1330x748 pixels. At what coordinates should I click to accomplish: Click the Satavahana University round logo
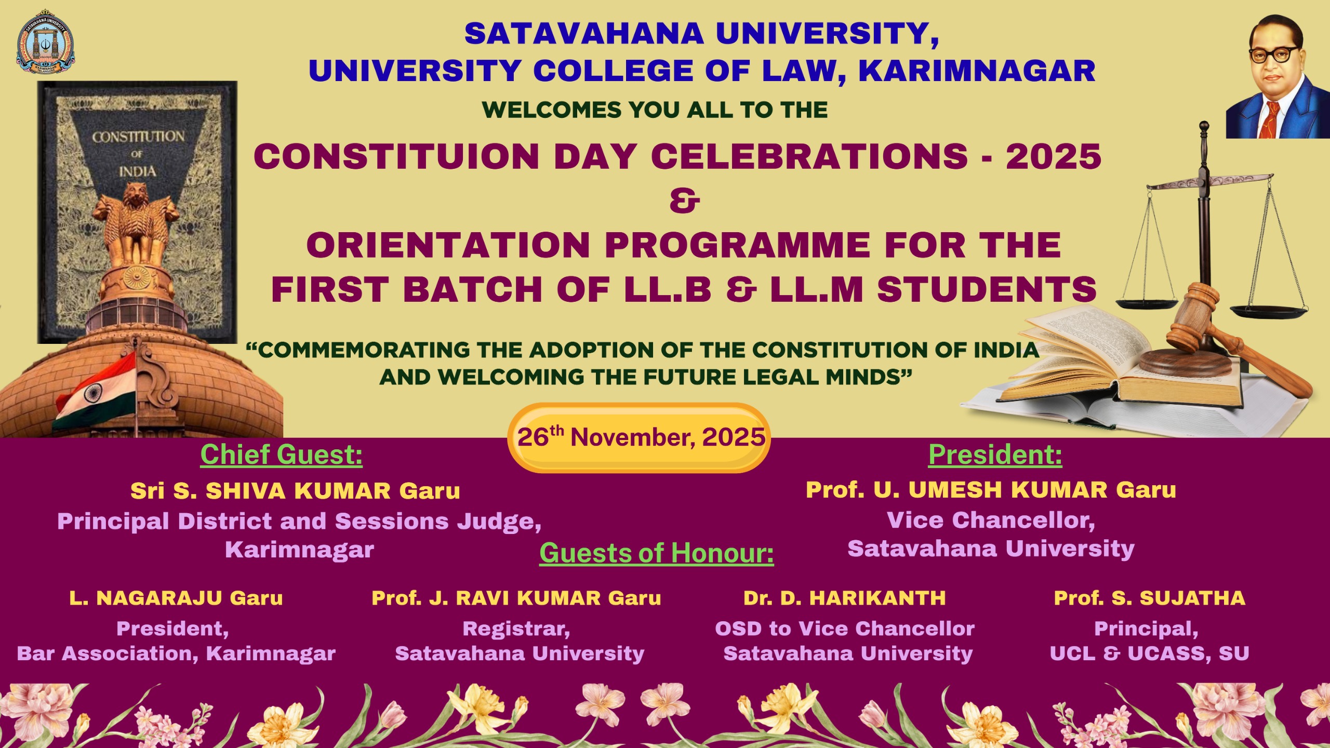[45, 43]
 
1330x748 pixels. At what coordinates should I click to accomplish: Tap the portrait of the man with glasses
[1275, 78]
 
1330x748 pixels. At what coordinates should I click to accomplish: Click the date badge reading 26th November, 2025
[639, 437]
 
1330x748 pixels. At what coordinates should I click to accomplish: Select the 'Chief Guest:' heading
[281, 455]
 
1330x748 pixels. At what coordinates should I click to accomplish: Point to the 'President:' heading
[995, 455]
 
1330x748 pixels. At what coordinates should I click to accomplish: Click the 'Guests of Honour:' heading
[656, 553]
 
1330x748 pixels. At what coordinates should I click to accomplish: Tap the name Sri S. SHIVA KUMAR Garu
[295, 491]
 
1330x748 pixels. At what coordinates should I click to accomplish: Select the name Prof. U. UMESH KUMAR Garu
[991, 490]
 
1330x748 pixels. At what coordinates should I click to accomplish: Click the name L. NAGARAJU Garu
[176, 598]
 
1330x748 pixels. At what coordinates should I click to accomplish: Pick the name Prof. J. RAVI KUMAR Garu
[516, 598]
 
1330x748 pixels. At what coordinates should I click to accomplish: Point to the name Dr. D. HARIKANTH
[844, 598]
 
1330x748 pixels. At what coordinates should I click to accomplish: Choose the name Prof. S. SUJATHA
[1149, 598]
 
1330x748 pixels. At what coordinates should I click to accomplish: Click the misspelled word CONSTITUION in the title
[396, 156]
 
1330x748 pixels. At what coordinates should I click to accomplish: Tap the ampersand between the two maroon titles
[684, 201]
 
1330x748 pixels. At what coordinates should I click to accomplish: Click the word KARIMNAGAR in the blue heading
[977, 71]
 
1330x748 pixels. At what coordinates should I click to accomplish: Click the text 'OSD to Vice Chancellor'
[844, 629]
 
